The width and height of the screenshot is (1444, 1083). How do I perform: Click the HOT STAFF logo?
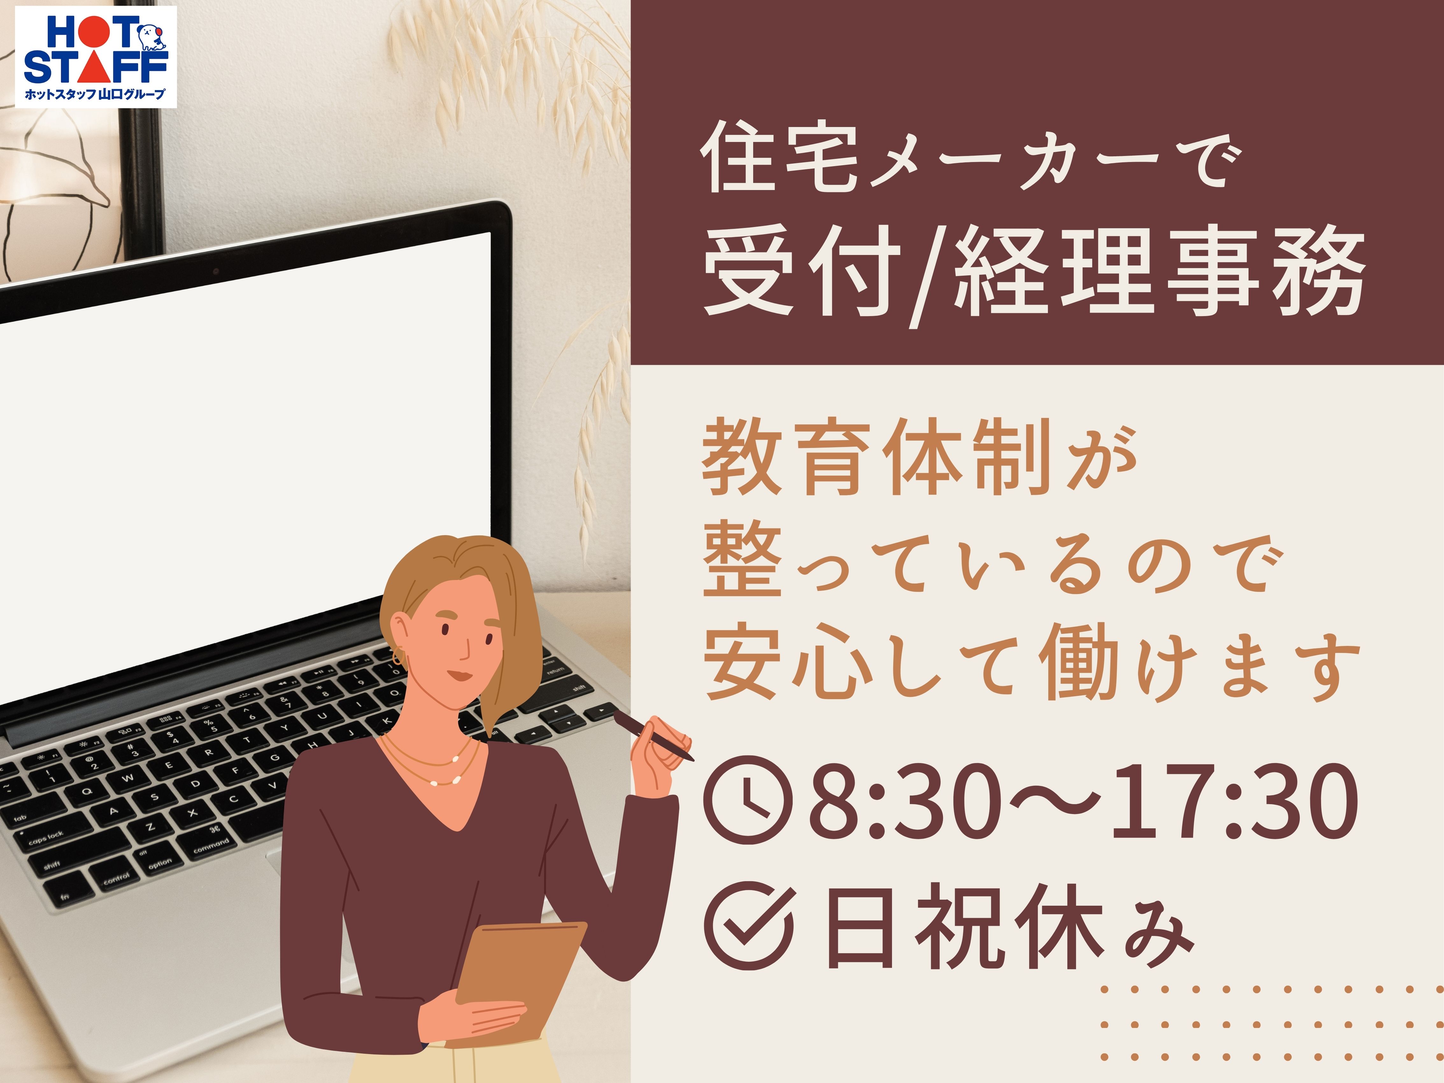click(x=96, y=57)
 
